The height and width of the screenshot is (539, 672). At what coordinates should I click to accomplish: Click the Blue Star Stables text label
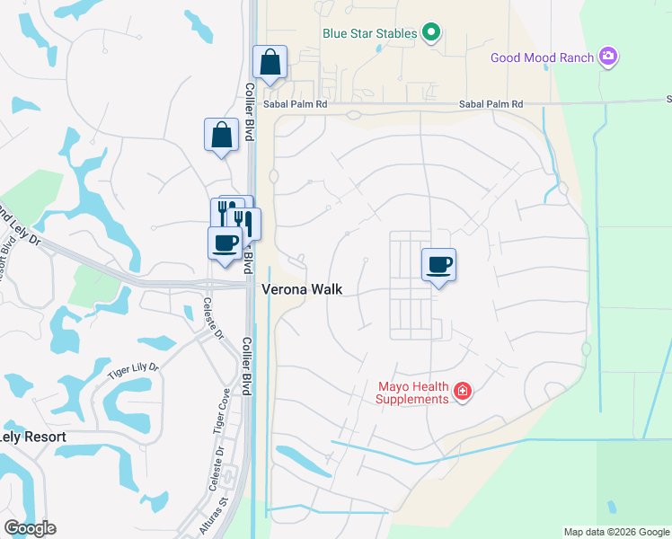[x=370, y=34]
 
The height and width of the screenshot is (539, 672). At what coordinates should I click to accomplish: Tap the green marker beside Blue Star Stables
[x=431, y=34]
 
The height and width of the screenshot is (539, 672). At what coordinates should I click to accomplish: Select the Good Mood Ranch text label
[x=542, y=58]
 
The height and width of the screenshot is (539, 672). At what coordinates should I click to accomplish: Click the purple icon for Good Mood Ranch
[x=609, y=57]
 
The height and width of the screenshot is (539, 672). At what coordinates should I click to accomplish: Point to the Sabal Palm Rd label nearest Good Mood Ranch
[x=491, y=104]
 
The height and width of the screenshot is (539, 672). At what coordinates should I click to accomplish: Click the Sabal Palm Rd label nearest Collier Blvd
[x=296, y=104]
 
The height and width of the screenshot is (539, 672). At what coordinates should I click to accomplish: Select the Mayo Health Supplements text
[x=413, y=393]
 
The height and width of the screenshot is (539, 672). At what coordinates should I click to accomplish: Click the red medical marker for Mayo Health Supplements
[x=463, y=392]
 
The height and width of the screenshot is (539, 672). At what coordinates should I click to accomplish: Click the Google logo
[x=30, y=528]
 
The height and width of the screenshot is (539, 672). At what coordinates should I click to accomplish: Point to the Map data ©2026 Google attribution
[x=615, y=532]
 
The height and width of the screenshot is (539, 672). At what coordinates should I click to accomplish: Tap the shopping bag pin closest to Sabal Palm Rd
[x=270, y=63]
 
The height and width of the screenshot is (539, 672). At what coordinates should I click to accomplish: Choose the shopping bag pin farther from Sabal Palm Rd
[x=221, y=136]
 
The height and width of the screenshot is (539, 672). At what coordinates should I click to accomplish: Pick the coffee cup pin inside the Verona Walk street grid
[x=438, y=264]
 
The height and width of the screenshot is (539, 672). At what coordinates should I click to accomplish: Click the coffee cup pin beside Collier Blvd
[x=225, y=243]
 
